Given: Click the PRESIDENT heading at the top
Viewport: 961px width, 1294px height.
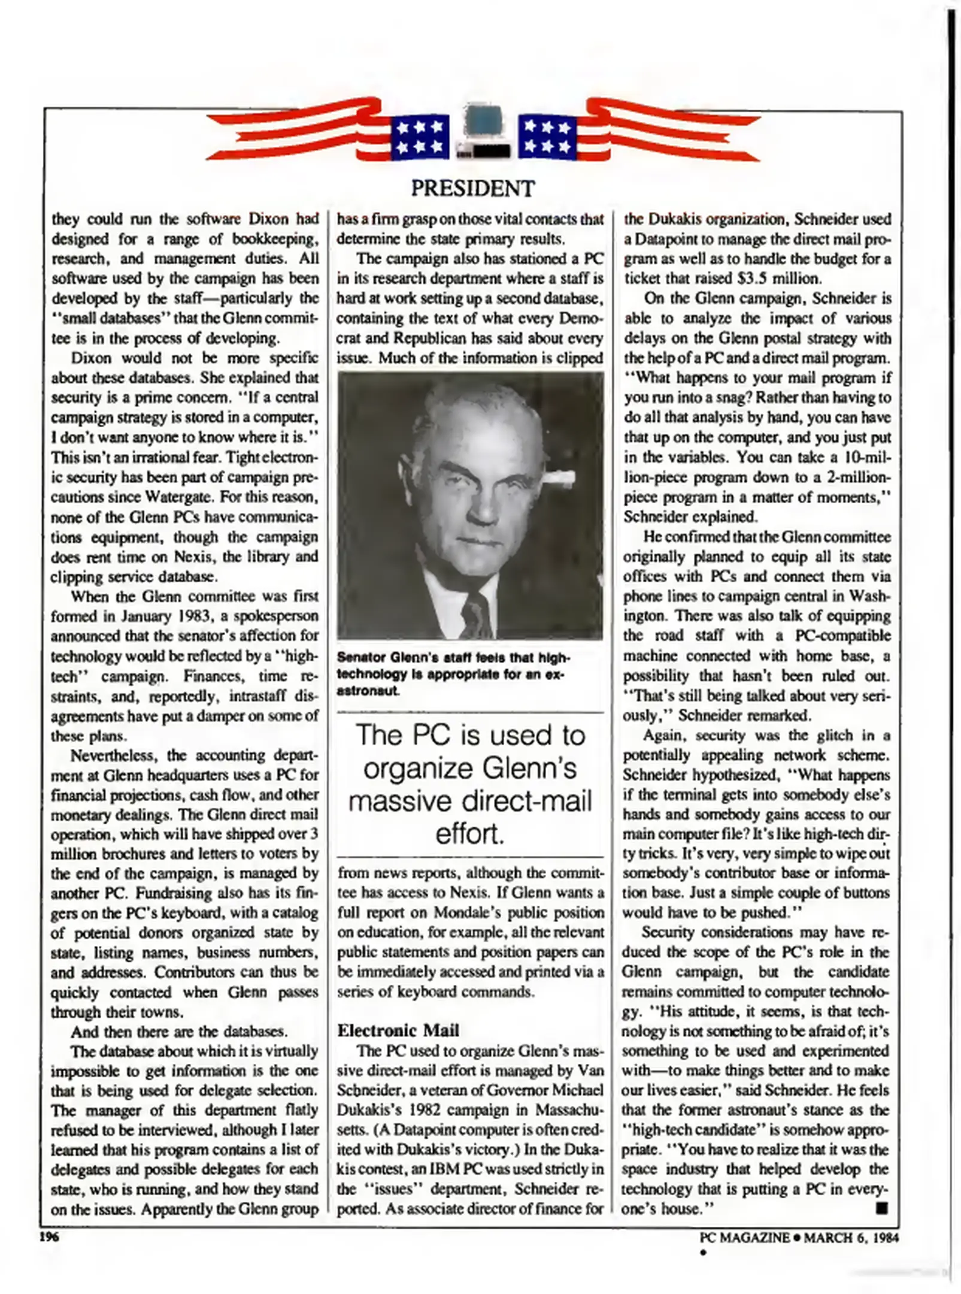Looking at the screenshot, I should [x=472, y=189].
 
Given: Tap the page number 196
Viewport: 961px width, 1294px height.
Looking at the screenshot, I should [x=48, y=1236].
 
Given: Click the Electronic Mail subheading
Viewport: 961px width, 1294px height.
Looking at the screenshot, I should [x=398, y=1030].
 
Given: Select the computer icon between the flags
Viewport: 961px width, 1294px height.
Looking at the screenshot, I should [x=484, y=132].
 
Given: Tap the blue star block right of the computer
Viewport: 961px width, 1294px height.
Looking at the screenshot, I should [x=547, y=137].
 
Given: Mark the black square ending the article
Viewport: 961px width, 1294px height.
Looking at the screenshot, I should [x=881, y=1208].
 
